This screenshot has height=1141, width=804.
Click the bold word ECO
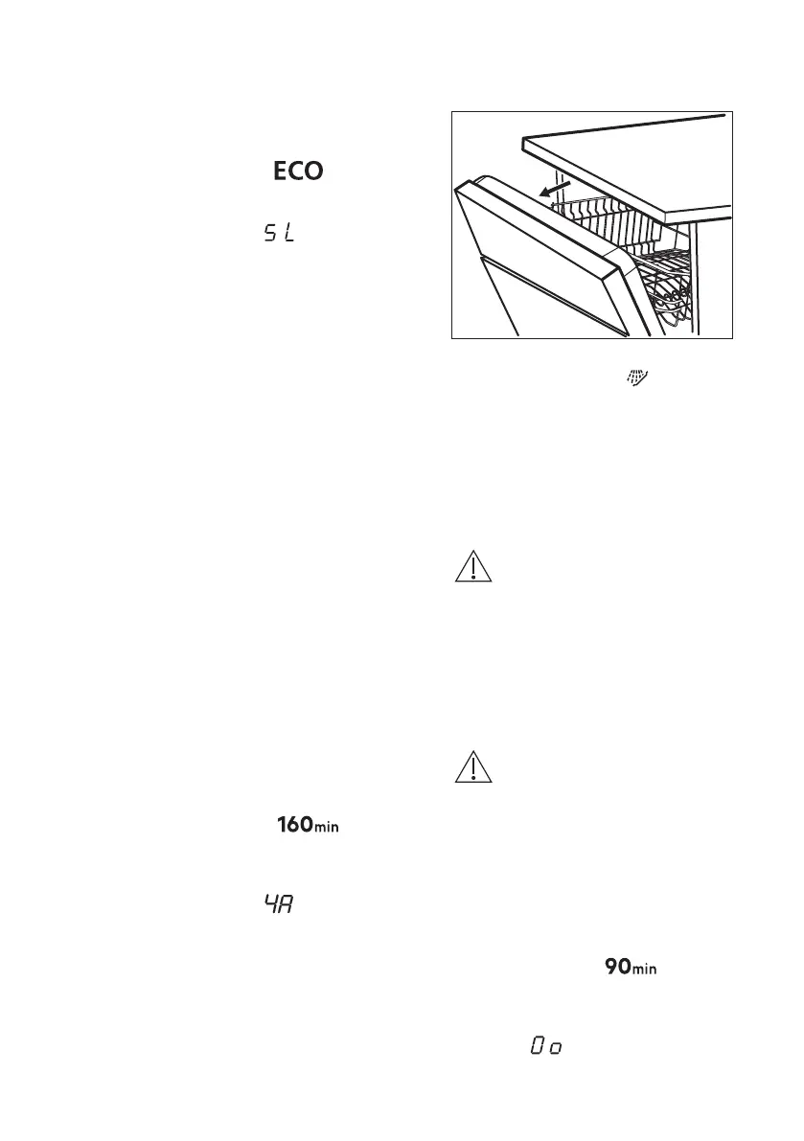(299, 171)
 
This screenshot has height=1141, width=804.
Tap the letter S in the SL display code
(270, 233)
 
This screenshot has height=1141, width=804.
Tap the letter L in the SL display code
(288, 233)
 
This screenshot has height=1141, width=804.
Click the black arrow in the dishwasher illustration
(554, 189)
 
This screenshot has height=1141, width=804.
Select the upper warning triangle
(473, 568)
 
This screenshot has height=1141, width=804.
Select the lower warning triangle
(473, 771)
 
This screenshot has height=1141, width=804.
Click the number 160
(293, 824)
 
